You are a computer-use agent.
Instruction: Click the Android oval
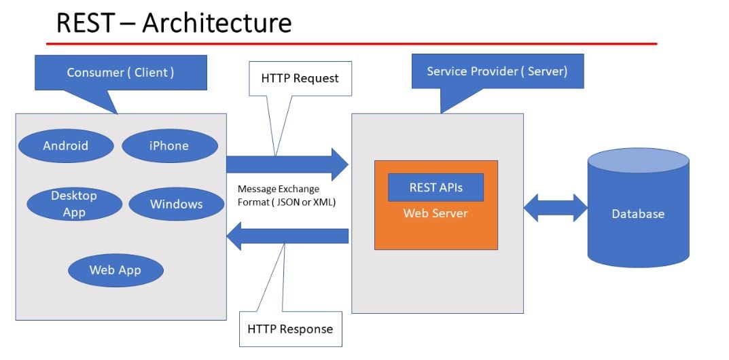pos(65,146)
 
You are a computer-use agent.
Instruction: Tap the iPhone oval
pos(169,146)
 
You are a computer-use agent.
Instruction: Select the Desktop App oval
pos(74,204)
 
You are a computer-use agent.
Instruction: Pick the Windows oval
pos(176,204)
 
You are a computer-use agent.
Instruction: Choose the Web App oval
pos(115,270)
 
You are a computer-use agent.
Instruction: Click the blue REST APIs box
pos(435,187)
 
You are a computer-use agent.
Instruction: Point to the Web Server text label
pos(435,213)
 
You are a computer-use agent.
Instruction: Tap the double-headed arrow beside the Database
pos(555,208)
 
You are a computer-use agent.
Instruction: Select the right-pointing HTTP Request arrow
pos(286,164)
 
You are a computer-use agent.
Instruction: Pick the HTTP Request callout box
pos(300,78)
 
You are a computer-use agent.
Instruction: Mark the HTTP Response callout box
pos(290,329)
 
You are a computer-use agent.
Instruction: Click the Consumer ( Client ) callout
pos(120,73)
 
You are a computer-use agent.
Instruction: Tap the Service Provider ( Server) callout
pos(497,71)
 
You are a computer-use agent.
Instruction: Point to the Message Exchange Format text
pos(286,196)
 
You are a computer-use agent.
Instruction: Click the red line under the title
pos(351,43)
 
